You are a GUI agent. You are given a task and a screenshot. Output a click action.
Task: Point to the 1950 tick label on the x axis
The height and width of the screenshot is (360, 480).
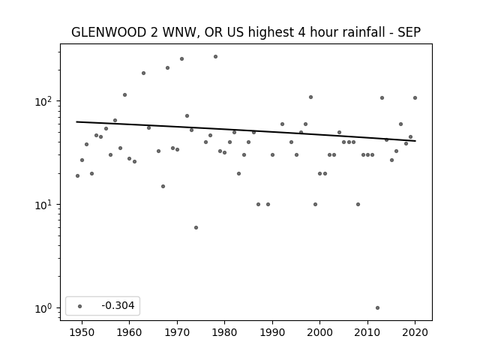click(82, 332)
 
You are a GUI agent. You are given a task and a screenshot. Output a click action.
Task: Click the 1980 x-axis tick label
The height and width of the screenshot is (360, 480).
click(224, 332)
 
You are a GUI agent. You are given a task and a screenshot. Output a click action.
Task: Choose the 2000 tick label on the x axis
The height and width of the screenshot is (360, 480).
click(319, 332)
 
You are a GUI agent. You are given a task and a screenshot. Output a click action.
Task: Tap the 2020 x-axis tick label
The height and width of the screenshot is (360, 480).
click(415, 332)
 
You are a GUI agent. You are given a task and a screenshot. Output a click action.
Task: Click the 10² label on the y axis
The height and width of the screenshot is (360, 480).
click(43, 101)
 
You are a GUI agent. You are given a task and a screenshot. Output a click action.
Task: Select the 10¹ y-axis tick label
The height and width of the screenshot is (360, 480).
click(43, 205)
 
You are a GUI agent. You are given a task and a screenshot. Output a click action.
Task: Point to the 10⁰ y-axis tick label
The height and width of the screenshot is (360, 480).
click(43, 308)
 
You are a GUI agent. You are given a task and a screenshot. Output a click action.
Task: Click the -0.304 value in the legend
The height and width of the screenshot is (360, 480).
click(118, 305)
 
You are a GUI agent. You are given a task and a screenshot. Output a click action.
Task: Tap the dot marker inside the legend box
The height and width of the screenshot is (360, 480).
click(79, 306)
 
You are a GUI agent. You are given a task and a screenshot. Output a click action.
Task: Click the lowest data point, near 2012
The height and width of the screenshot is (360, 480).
click(377, 308)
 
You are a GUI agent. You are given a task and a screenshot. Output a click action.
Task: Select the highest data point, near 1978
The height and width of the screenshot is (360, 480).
click(215, 57)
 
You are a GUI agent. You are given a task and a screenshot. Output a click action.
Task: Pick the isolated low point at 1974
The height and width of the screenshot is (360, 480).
click(196, 227)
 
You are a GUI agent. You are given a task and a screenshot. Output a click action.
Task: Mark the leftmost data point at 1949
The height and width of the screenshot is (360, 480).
click(77, 175)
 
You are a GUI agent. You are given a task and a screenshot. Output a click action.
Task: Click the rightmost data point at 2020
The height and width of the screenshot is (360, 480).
click(415, 98)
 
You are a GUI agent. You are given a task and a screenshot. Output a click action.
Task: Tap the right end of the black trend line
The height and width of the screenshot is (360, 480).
click(415, 141)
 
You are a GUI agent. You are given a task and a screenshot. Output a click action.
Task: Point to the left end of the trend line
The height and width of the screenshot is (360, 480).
click(76, 121)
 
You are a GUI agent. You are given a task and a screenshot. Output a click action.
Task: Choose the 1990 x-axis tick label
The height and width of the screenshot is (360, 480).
click(272, 332)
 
